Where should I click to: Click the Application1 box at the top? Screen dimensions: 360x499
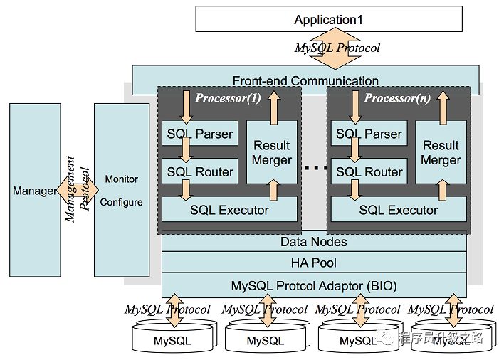328,19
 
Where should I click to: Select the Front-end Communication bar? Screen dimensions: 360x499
305,80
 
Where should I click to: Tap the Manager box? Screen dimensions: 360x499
35,190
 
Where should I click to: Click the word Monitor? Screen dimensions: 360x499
121,179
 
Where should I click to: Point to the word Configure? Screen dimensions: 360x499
121,202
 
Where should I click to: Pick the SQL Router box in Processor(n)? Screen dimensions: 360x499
369,171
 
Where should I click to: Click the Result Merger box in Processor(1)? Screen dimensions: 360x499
272,152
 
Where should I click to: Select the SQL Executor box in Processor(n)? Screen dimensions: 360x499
398,209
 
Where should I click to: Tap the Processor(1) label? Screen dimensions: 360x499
229,98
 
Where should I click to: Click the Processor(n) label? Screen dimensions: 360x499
397,98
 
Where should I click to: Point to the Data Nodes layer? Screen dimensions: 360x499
314,242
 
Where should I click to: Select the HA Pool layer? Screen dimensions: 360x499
314,263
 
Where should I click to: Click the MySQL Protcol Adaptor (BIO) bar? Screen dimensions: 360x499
314,286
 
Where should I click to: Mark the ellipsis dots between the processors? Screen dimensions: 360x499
314,168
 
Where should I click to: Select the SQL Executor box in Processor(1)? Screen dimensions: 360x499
229,209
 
